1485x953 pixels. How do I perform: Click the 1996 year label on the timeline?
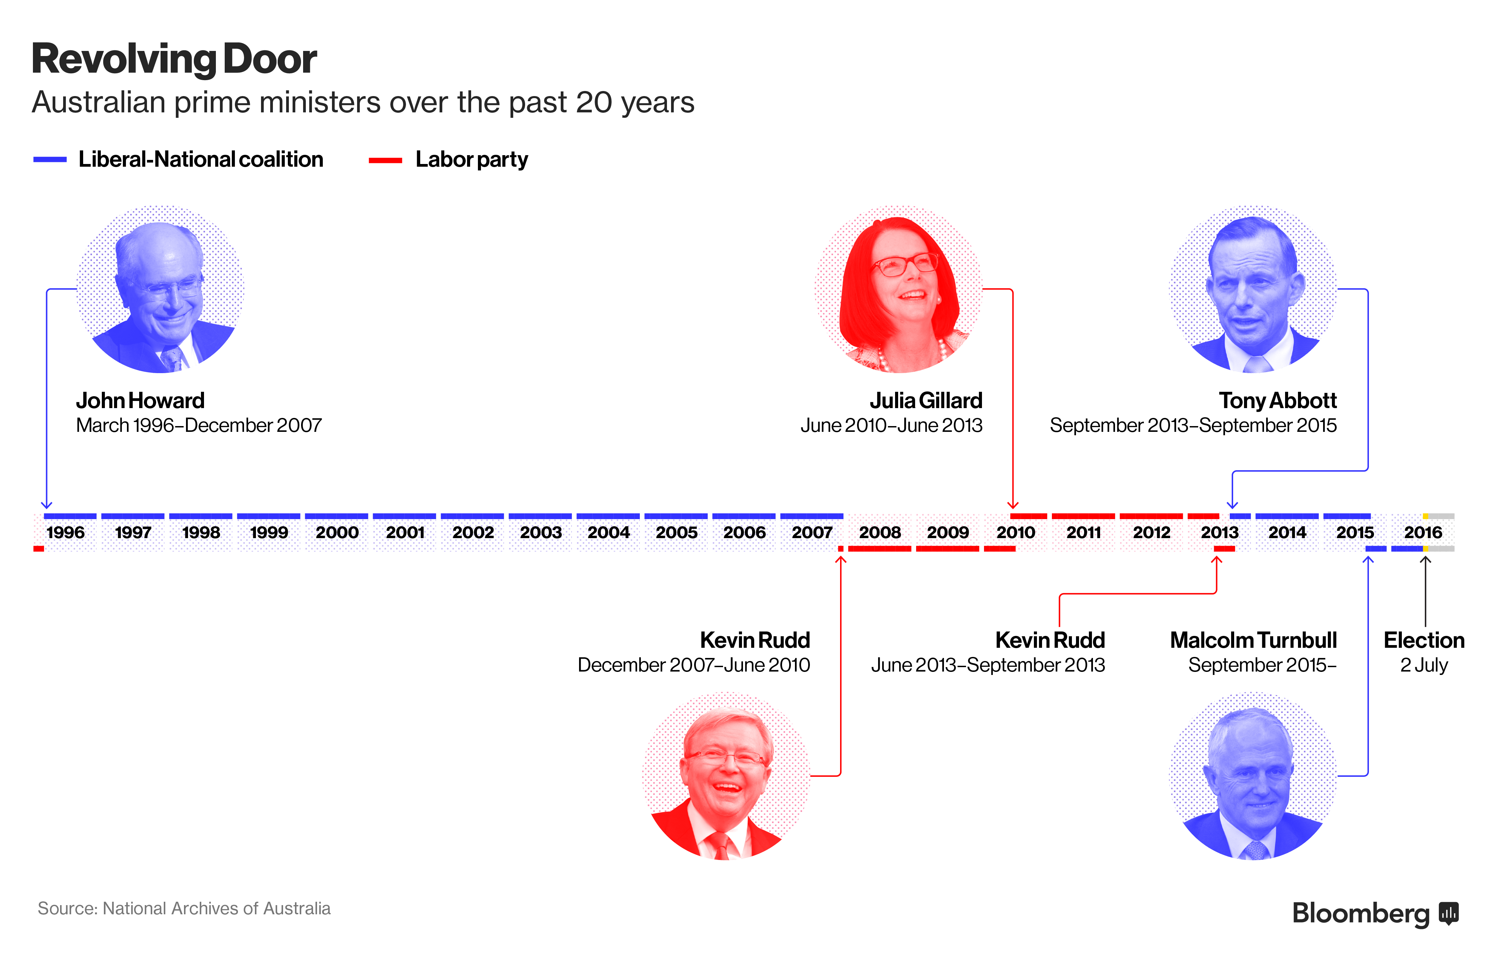click(66, 533)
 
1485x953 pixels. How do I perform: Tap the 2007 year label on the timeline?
click(812, 533)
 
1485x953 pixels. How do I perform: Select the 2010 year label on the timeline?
click(1016, 533)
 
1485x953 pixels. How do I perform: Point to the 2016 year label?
click(1423, 533)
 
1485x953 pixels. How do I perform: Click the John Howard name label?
click(141, 401)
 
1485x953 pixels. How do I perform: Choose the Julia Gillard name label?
click(926, 401)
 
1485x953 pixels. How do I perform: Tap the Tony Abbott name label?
click(1278, 401)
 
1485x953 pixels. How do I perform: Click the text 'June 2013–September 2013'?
click(988, 665)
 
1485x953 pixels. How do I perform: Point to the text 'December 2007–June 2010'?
click(693, 665)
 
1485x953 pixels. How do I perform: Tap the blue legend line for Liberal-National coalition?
click(50, 160)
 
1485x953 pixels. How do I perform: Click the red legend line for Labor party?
click(385, 160)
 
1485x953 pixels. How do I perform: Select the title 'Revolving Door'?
click(174, 59)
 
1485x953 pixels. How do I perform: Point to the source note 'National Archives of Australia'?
click(217, 909)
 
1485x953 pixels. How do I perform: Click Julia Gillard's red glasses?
click(904, 265)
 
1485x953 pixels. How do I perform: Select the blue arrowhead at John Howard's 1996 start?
click(47, 505)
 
